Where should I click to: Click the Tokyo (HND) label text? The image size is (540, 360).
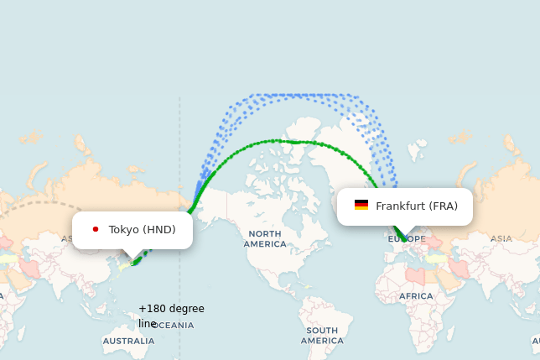tap(142, 229)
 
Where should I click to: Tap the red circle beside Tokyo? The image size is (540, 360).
tap(96, 229)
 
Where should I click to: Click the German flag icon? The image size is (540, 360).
tap(361, 205)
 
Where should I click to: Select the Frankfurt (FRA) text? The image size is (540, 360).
tap(417, 206)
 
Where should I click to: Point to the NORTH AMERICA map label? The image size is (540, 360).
tap(264, 238)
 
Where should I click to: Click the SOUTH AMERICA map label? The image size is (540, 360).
tap(321, 336)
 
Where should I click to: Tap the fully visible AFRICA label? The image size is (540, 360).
tap(416, 296)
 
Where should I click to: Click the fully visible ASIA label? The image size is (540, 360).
tap(501, 238)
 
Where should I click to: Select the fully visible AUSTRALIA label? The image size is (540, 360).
tap(128, 342)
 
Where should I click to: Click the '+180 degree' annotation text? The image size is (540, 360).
tap(171, 309)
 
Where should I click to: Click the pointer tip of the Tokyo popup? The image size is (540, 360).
tap(132, 258)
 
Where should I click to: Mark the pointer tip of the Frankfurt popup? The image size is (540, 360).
tap(406, 235)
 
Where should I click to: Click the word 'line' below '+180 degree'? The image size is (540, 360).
tap(148, 324)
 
